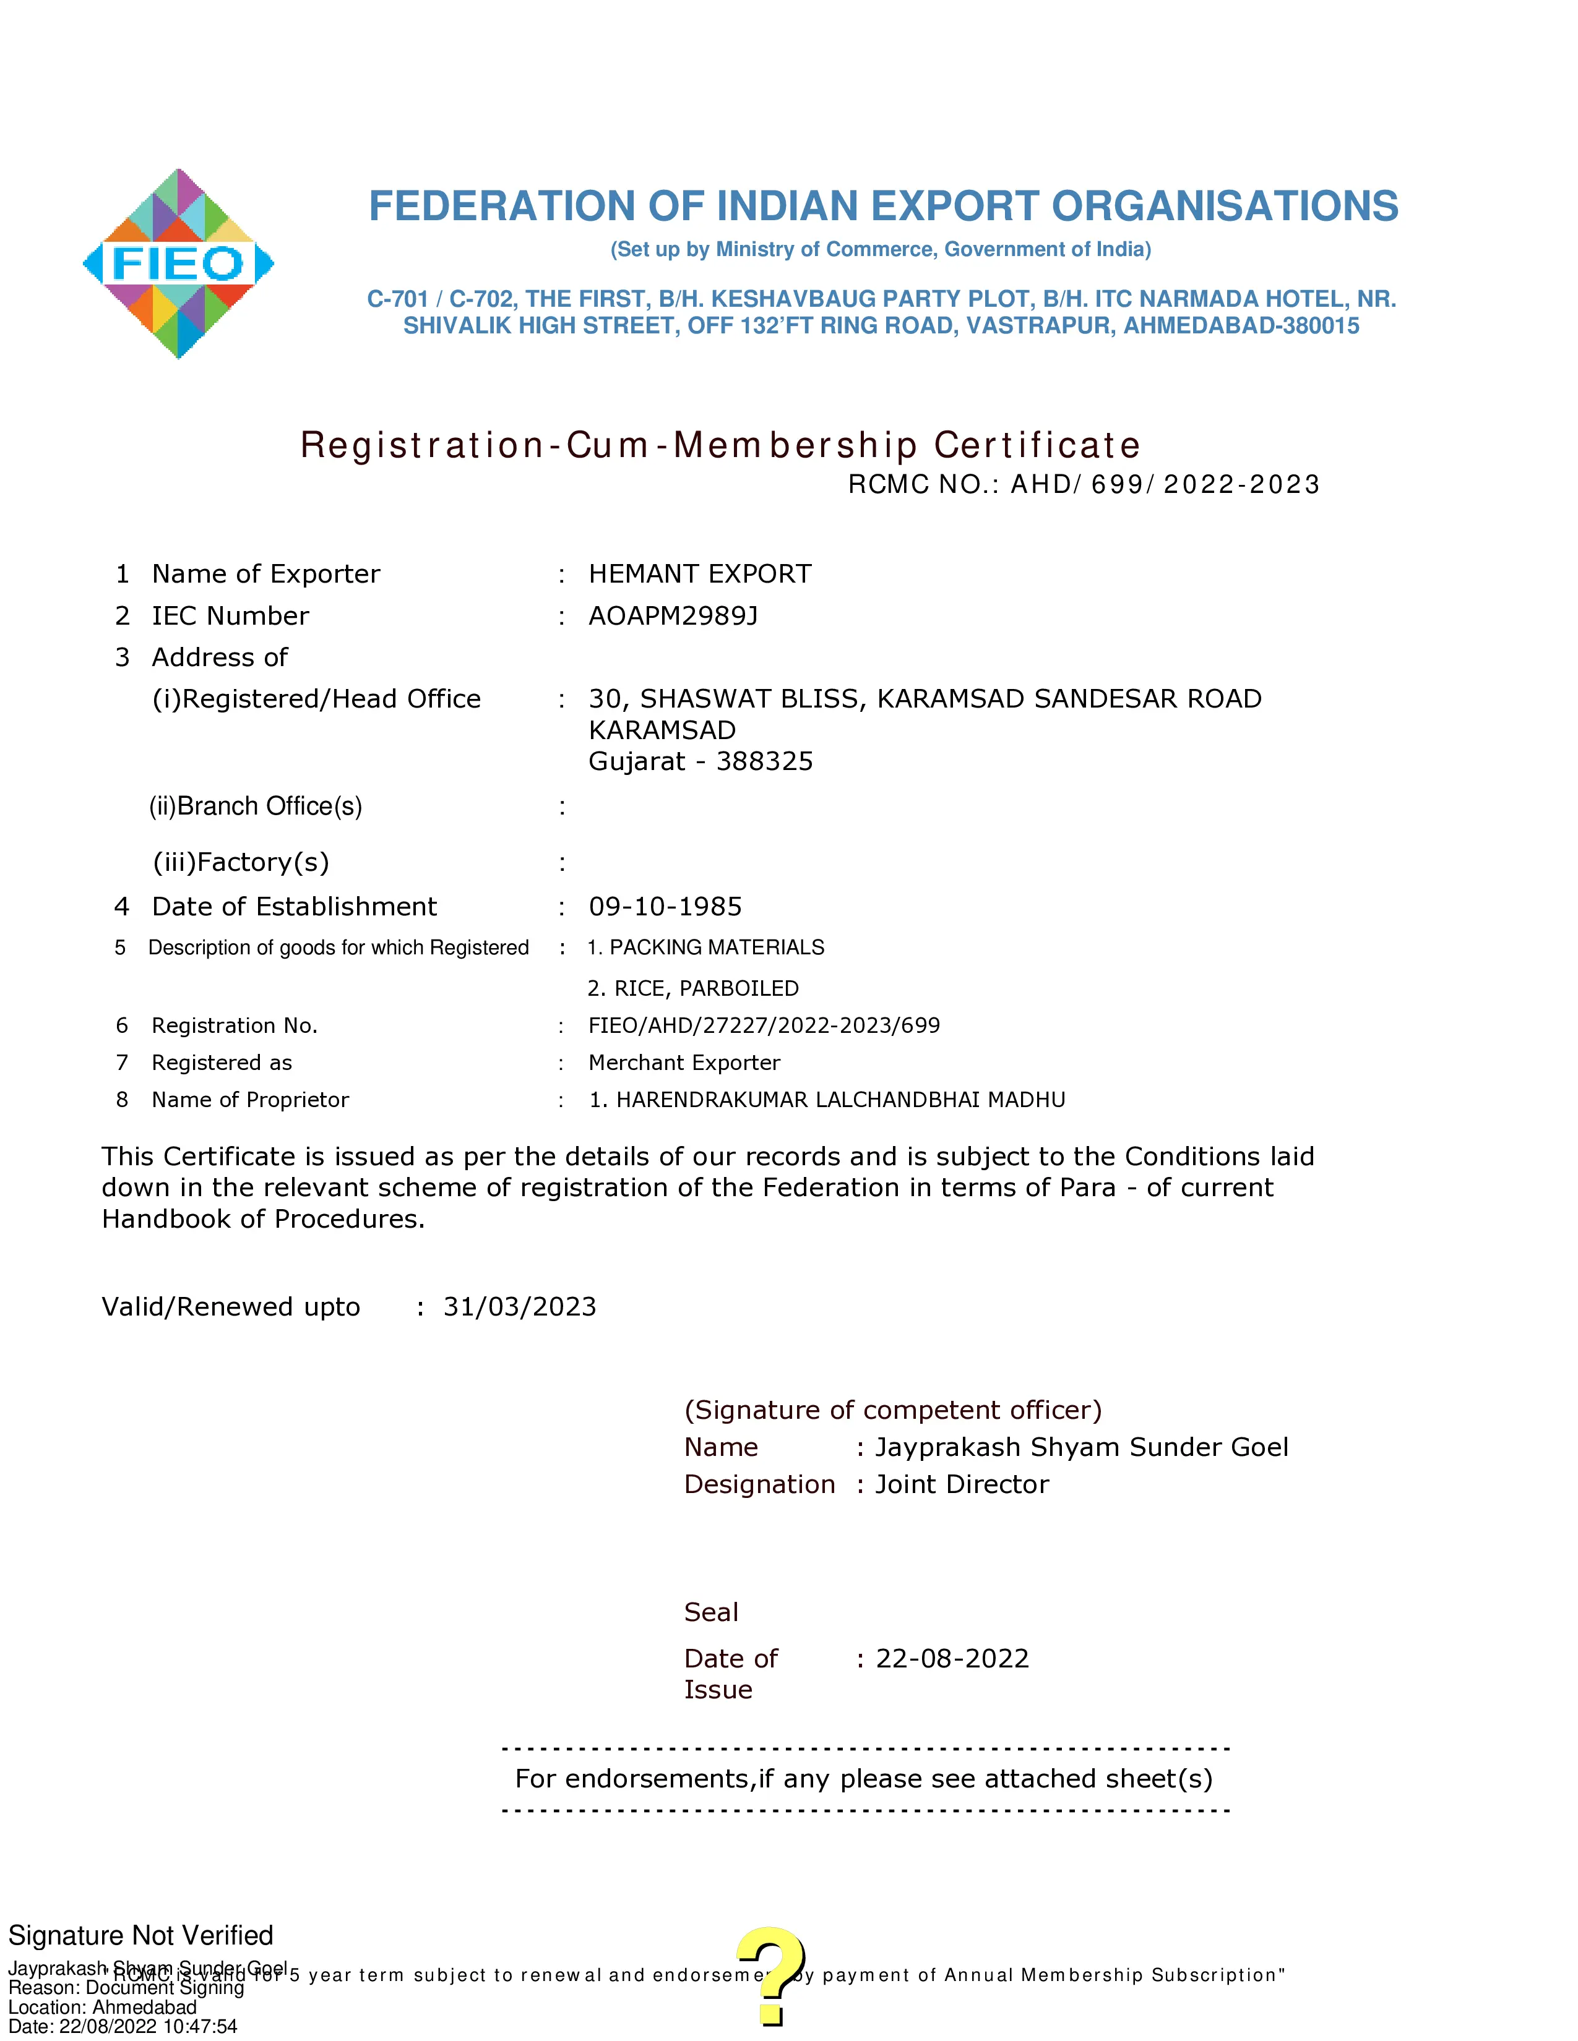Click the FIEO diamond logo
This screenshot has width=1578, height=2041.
click(178, 263)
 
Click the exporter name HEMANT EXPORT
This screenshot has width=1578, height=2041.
click(699, 574)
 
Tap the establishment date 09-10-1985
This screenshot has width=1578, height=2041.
click(665, 907)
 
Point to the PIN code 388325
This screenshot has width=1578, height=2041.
click(765, 761)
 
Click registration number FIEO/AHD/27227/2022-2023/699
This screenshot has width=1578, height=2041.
click(764, 1026)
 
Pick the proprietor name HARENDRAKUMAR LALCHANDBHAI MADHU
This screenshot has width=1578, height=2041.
click(840, 1100)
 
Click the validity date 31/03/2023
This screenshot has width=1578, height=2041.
click(519, 1306)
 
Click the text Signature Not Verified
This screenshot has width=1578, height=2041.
click(141, 1935)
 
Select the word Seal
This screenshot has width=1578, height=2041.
click(710, 1612)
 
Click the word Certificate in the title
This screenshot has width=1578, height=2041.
click(1038, 446)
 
